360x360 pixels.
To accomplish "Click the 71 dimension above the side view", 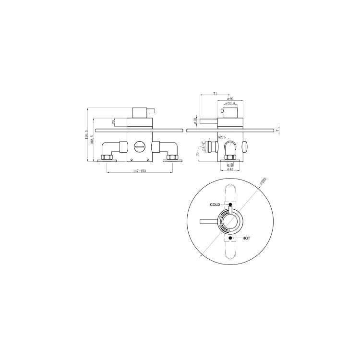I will click(x=215, y=94).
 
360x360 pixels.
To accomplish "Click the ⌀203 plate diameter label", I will click(x=263, y=182).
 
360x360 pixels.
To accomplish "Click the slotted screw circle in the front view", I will click(x=140, y=146).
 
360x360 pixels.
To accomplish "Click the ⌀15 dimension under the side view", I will click(x=229, y=165).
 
